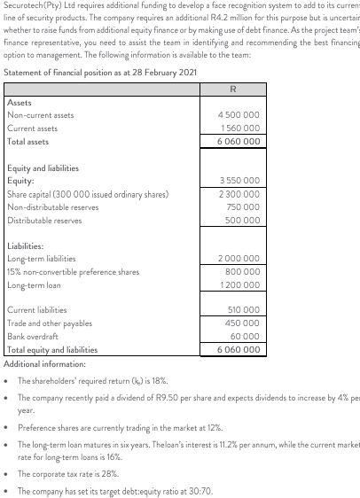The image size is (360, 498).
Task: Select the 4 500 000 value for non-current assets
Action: point(239,115)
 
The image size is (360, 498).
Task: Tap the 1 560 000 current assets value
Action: point(239,128)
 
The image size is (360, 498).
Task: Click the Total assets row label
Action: point(28,142)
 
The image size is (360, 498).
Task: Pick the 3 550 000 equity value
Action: point(239,181)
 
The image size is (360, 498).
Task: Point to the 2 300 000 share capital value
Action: point(239,193)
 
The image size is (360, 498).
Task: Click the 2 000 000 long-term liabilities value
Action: point(239,259)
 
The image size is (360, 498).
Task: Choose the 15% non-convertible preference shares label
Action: point(73,272)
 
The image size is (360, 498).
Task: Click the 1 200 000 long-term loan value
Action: point(239,285)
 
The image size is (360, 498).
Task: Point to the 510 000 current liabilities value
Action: point(244,311)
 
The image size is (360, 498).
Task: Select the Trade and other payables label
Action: point(50,324)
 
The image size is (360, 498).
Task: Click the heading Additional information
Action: point(45,364)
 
